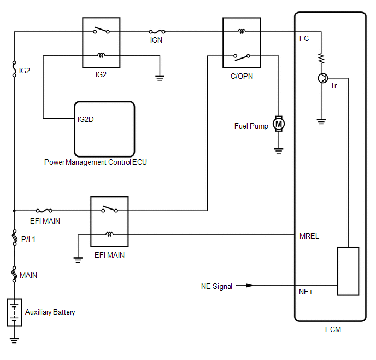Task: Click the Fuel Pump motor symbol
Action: [x=279, y=124]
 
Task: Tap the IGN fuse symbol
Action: [x=157, y=31]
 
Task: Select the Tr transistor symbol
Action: [x=323, y=78]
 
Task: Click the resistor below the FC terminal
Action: [x=321, y=59]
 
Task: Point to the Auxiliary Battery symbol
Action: [x=14, y=312]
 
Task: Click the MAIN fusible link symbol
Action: [x=14, y=274]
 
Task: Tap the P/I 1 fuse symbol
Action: [x=14, y=237]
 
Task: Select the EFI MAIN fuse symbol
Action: [x=44, y=211]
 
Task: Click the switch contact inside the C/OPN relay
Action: [x=242, y=57]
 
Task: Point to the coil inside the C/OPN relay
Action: [x=242, y=31]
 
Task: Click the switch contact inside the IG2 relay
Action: [x=102, y=30]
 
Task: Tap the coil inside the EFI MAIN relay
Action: [x=109, y=234]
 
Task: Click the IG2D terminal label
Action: [x=86, y=119]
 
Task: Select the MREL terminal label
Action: [x=309, y=236]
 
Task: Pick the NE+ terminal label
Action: [x=305, y=292]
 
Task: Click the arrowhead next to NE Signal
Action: [x=250, y=286]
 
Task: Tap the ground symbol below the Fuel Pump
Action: [x=279, y=150]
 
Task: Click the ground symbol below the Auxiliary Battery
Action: [x=14, y=340]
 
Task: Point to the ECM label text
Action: [x=333, y=329]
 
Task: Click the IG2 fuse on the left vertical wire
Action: [x=14, y=69]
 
